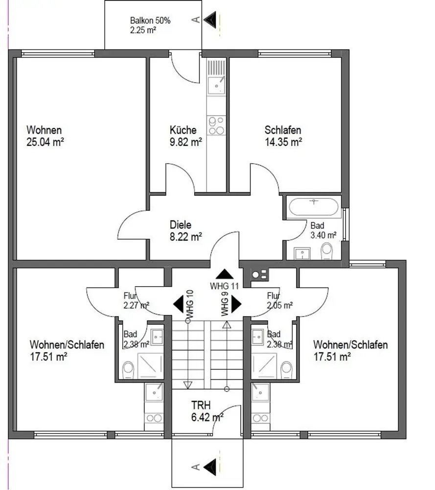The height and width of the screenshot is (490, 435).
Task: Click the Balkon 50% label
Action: pos(150,21)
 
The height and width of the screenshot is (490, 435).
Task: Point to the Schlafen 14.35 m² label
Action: pos(283,136)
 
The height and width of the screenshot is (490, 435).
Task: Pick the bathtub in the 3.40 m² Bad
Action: pos(314,207)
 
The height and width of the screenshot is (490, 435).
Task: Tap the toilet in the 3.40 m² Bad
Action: pos(326,251)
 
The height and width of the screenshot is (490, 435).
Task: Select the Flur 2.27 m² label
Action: pos(137,301)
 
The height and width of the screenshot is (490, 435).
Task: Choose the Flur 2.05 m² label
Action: pos(280,301)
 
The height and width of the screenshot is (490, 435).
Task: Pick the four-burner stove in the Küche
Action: pos(216,125)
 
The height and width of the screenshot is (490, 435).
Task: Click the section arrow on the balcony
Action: pos(210,20)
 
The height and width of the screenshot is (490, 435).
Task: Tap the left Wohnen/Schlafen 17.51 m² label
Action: pos(67,350)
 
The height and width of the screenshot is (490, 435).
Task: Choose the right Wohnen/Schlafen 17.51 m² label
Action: pos(350,350)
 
